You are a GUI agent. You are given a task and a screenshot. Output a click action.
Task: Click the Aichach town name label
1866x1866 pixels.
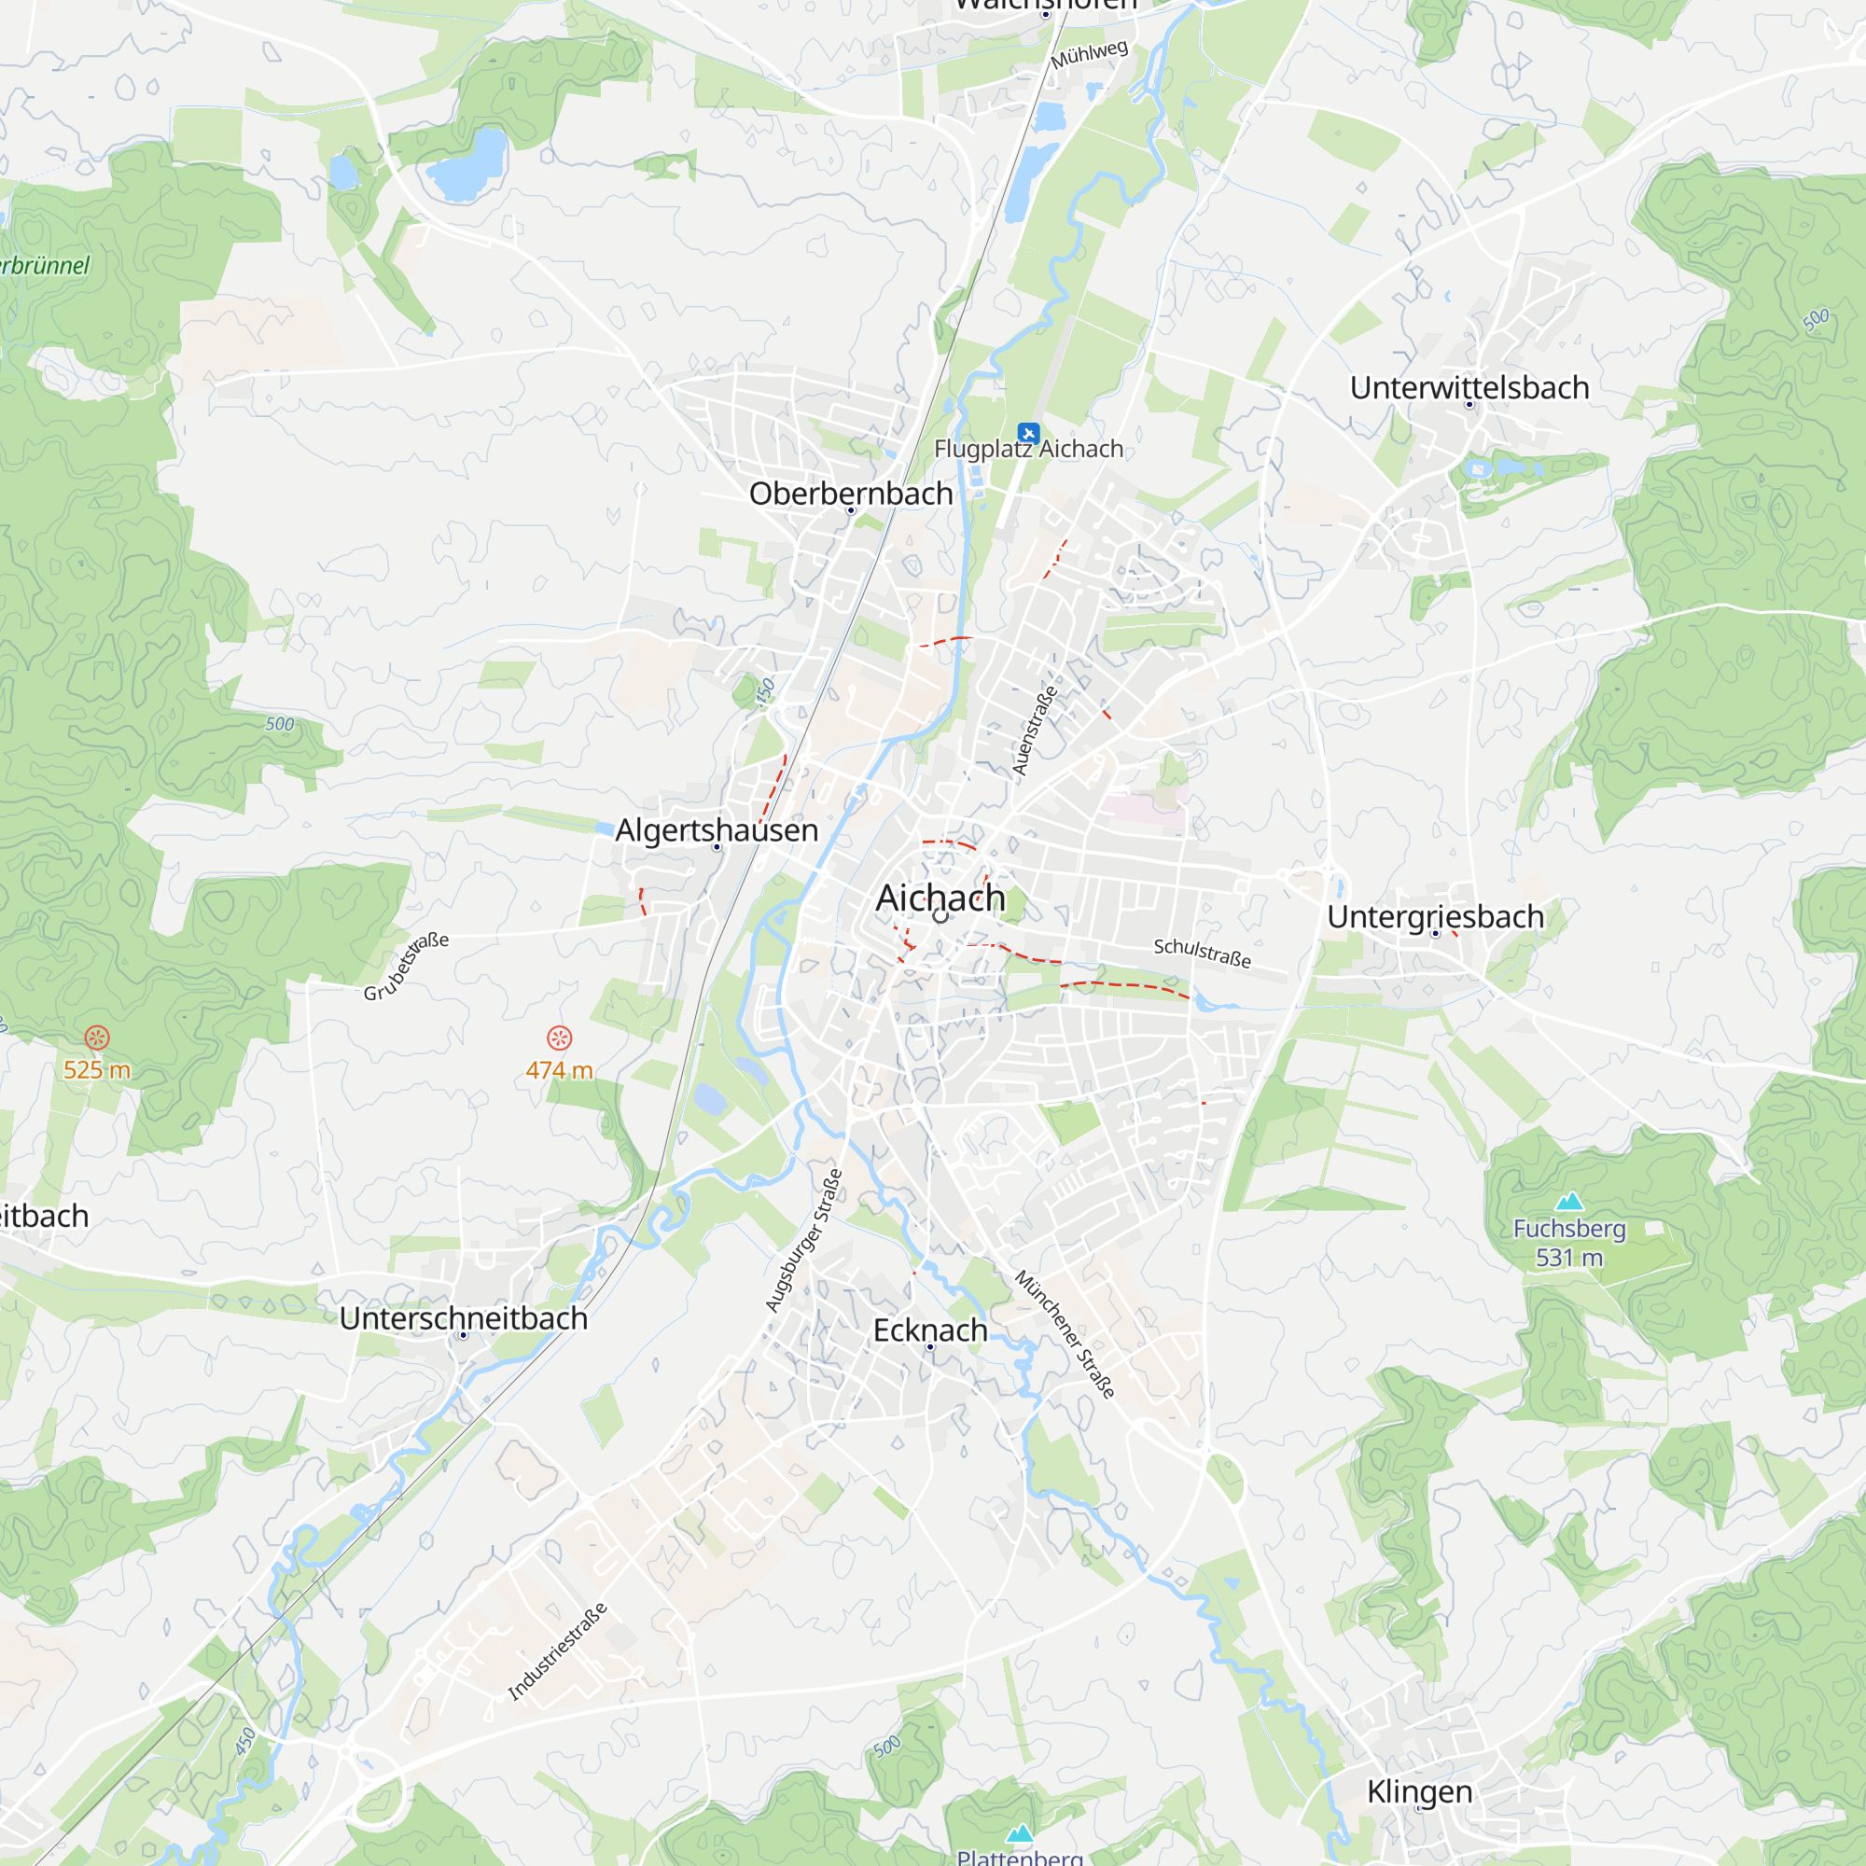coord(940,898)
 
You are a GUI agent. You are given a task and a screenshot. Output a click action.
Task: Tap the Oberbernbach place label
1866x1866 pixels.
coord(850,493)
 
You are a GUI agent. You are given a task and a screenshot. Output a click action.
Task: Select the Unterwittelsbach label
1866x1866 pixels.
coord(1469,387)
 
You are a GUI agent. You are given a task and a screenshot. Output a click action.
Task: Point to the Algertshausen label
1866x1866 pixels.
coord(717,829)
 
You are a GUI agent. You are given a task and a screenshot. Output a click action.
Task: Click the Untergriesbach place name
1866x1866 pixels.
coord(1435,915)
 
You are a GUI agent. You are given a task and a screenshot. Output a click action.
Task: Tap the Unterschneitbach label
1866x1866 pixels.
coord(464,1317)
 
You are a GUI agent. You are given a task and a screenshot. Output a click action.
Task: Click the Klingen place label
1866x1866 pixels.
coord(1419,1790)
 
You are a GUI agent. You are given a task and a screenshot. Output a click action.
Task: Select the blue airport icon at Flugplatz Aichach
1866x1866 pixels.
coord(1027,433)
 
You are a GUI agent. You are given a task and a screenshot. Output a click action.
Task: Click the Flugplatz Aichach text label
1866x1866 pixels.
coord(1028,449)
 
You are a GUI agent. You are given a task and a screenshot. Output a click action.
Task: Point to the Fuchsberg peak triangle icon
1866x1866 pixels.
coord(1569,1202)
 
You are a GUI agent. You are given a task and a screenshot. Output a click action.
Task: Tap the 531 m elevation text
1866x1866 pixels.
coord(1568,1258)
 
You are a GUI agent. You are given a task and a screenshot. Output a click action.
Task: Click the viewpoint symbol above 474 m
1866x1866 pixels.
coord(559,1038)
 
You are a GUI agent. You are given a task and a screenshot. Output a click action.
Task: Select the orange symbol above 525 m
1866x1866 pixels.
coord(97,1038)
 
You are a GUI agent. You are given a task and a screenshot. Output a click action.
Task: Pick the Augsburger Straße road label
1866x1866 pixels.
coord(803,1240)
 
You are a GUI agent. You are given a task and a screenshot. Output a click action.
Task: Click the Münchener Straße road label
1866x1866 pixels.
coord(1065,1334)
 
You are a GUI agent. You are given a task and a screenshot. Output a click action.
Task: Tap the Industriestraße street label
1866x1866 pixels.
coord(557,1651)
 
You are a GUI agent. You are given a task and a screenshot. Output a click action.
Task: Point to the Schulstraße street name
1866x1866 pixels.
coord(1202,953)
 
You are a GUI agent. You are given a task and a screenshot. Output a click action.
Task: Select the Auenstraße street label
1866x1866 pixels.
coord(1035,731)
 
